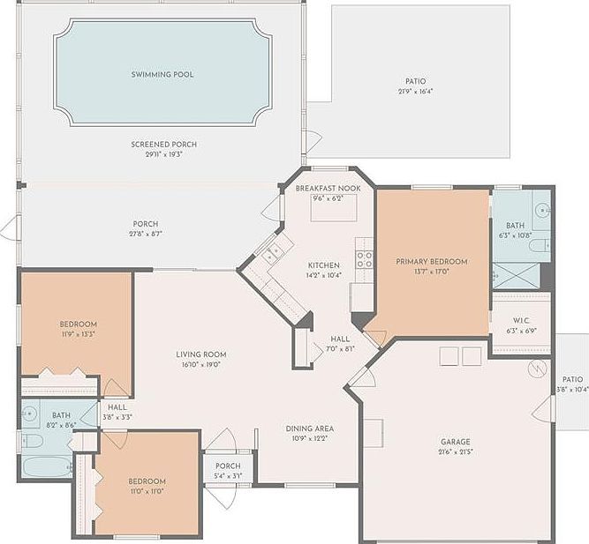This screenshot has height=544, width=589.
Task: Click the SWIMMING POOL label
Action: [162, 75]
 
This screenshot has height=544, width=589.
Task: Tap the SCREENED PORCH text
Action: [163, 144]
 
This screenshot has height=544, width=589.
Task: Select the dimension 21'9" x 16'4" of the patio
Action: [415, 91]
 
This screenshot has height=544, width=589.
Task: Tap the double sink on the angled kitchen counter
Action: [276, 254]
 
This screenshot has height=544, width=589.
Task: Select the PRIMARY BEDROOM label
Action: [431, 261]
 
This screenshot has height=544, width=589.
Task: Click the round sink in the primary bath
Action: [543, 210]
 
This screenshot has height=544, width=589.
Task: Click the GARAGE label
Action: [456, 442]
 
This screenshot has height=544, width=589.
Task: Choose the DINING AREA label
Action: [309, 428]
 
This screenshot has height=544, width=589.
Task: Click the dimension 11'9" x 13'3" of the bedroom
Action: [78, 334]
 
